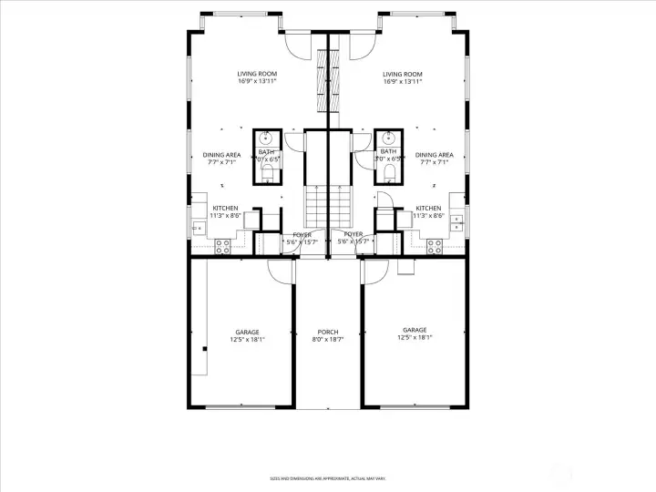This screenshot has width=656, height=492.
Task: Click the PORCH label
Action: pos(328,332)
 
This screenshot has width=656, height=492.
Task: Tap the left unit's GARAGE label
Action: pos(247,332)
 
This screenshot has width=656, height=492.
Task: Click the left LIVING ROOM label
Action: pos(257,74)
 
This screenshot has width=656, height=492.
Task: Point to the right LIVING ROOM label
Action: pos(402,74)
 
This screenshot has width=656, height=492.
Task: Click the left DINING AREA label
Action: pos(221,155)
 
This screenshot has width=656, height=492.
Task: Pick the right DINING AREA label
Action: pos(434,155)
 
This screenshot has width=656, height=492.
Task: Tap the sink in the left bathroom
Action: pos(266,138)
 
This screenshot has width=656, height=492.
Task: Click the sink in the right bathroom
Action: pos(389,138)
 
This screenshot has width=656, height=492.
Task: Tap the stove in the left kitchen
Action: pos(221,244)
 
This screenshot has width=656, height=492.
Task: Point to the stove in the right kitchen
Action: pos(435,244)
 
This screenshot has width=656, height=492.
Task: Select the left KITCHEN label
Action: pos(225,208)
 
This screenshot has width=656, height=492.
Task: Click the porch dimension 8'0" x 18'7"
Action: pos(328,340)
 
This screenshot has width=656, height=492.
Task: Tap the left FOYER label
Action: pos(302,234)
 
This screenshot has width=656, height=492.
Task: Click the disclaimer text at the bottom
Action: pos(328,477)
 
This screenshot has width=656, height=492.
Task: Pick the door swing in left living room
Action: pos(297,43)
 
